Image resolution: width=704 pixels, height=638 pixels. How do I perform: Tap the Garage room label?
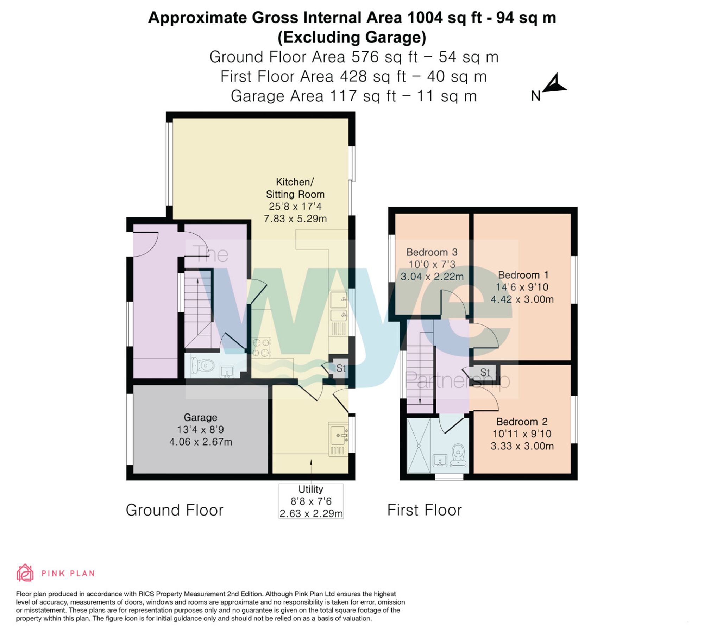200,417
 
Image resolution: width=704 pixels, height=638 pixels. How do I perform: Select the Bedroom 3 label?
432,252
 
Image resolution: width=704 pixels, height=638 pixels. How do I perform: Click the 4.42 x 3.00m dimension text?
522,299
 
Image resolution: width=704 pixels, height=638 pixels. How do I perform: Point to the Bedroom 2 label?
522,422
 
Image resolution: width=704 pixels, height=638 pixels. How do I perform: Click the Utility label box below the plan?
311,501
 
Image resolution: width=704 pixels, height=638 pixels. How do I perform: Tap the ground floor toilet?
203,365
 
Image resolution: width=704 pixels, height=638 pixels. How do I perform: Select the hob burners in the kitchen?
260,347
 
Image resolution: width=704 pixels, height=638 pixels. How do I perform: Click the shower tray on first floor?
419,446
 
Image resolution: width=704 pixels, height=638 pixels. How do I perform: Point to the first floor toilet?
459,454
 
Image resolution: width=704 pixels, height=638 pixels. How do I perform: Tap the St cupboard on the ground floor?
340,368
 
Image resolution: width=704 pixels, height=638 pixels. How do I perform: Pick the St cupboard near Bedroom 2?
485,372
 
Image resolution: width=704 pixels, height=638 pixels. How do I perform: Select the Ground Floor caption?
175,510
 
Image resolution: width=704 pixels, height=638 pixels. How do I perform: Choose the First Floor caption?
425,510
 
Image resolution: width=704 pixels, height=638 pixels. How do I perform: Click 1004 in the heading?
425,18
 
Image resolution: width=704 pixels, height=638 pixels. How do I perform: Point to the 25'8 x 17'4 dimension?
295,207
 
